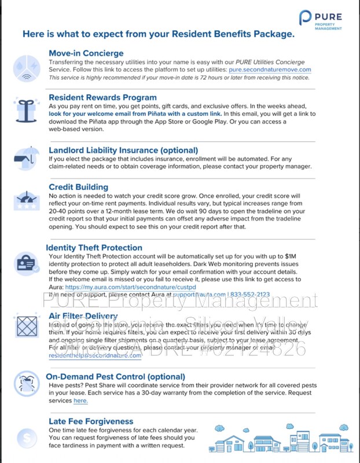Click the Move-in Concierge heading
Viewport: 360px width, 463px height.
coord(86,53)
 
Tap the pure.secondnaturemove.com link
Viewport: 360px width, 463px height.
coord(270,69)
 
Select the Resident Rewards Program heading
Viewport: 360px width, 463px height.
coord(102,97)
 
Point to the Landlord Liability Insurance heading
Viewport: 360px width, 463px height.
coord(123,150)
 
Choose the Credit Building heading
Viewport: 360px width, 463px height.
coord(78,187)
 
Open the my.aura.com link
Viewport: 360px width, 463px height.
coord(130,286)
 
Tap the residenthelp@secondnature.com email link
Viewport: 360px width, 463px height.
coord(95,356)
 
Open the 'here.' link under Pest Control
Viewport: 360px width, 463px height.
coord(80,400)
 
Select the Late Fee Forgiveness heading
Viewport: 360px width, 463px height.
coord(91,421)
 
